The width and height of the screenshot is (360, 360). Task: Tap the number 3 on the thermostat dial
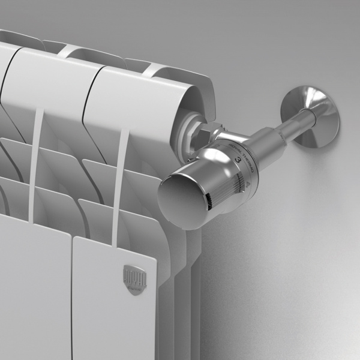click(238, 160)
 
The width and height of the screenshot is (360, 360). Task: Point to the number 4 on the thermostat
click(248, 185)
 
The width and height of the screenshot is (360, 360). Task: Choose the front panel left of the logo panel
click(30, 288)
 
